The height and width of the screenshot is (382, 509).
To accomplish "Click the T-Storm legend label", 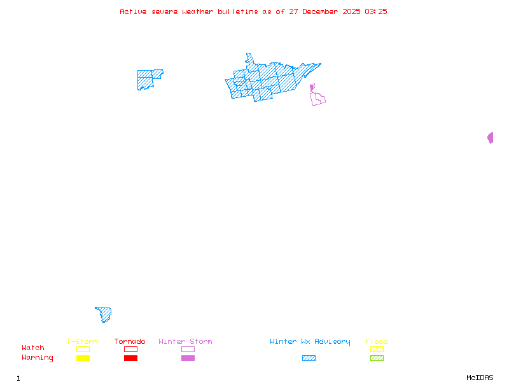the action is tap(82, 341).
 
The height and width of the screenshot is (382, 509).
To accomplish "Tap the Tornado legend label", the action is tap(130, 341).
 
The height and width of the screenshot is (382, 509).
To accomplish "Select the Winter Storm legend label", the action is tap(185, 341).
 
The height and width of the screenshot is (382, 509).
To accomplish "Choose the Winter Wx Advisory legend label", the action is tap(310, 341).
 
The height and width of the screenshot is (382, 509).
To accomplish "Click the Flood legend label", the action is tap(377, 341).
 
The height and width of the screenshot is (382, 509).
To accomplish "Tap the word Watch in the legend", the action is tap(33, 348).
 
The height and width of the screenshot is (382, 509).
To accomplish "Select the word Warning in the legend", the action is tap(38, 358).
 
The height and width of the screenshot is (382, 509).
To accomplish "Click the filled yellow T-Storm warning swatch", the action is tap(83, 358).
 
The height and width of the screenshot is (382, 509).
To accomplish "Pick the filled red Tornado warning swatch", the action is tap(130, 358).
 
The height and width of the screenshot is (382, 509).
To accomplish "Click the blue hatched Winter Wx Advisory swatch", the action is tap(309, 358).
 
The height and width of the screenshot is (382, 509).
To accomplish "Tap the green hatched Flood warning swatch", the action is tap(377, 358).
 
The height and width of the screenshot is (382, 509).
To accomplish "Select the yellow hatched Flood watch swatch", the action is tap(377, 349).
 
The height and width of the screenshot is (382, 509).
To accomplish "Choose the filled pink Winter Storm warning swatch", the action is tap(188, 358).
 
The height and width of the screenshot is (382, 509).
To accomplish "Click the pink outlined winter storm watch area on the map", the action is tap(317, 98).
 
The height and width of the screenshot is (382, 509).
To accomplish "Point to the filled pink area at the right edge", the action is tap(491, 138).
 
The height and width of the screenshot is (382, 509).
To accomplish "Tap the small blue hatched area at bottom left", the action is tap(104, 314).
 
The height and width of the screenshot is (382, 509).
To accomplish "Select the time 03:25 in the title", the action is tap(376, 11).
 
